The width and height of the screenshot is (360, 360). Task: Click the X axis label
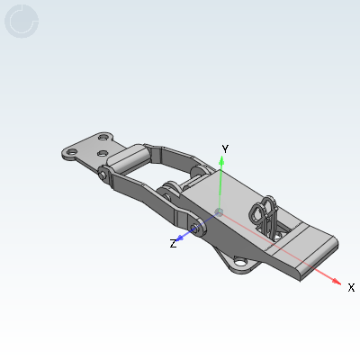pyautogui.click(x=351, y=287)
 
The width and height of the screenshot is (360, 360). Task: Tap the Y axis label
pyautogui.click(x=226, y=148)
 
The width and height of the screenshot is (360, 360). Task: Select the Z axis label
pyautogui.click(x=173, y=243)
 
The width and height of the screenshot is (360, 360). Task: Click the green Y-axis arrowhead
pyautogui.click(x=221, y=159)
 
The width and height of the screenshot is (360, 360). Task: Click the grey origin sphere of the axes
pyautogui.click(x=220, y=212)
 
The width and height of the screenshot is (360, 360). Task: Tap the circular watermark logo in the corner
pyautogui.click(x=22, y=21)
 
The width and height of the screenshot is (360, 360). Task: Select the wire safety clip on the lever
pyautogui.click(x=266, y=214)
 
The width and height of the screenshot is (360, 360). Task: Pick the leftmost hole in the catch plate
pyautogui.click(x=67, y=154)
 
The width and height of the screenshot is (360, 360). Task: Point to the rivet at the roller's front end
pyautogui.click(x=105, y=172)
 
